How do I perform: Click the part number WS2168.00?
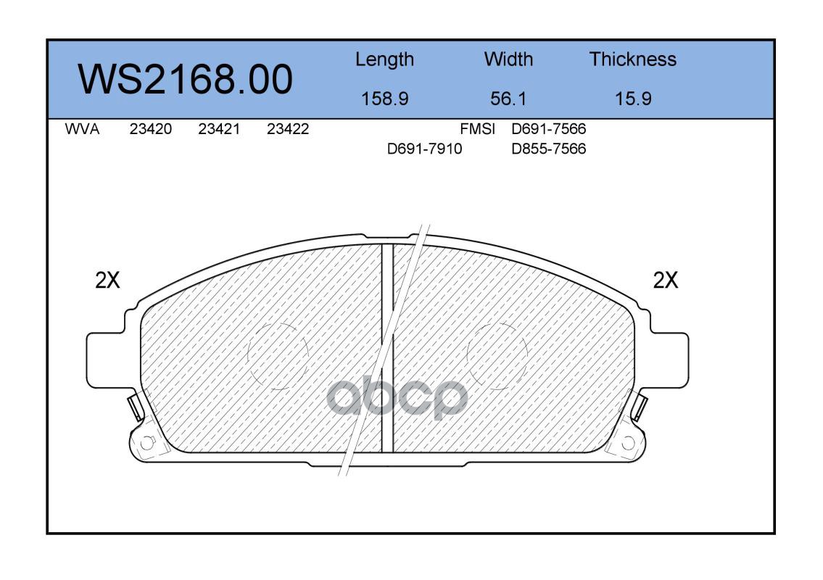point(186,79)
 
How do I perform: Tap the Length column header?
point(385,60)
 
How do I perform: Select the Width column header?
point(508,59)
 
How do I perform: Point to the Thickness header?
point(632,59)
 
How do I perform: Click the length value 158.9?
point(385,99)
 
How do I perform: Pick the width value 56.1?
point(508,99)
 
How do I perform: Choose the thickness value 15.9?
point(633,99)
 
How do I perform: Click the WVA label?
point(82,129)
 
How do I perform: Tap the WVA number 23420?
point(151,129)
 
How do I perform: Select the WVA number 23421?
point(219,129)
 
